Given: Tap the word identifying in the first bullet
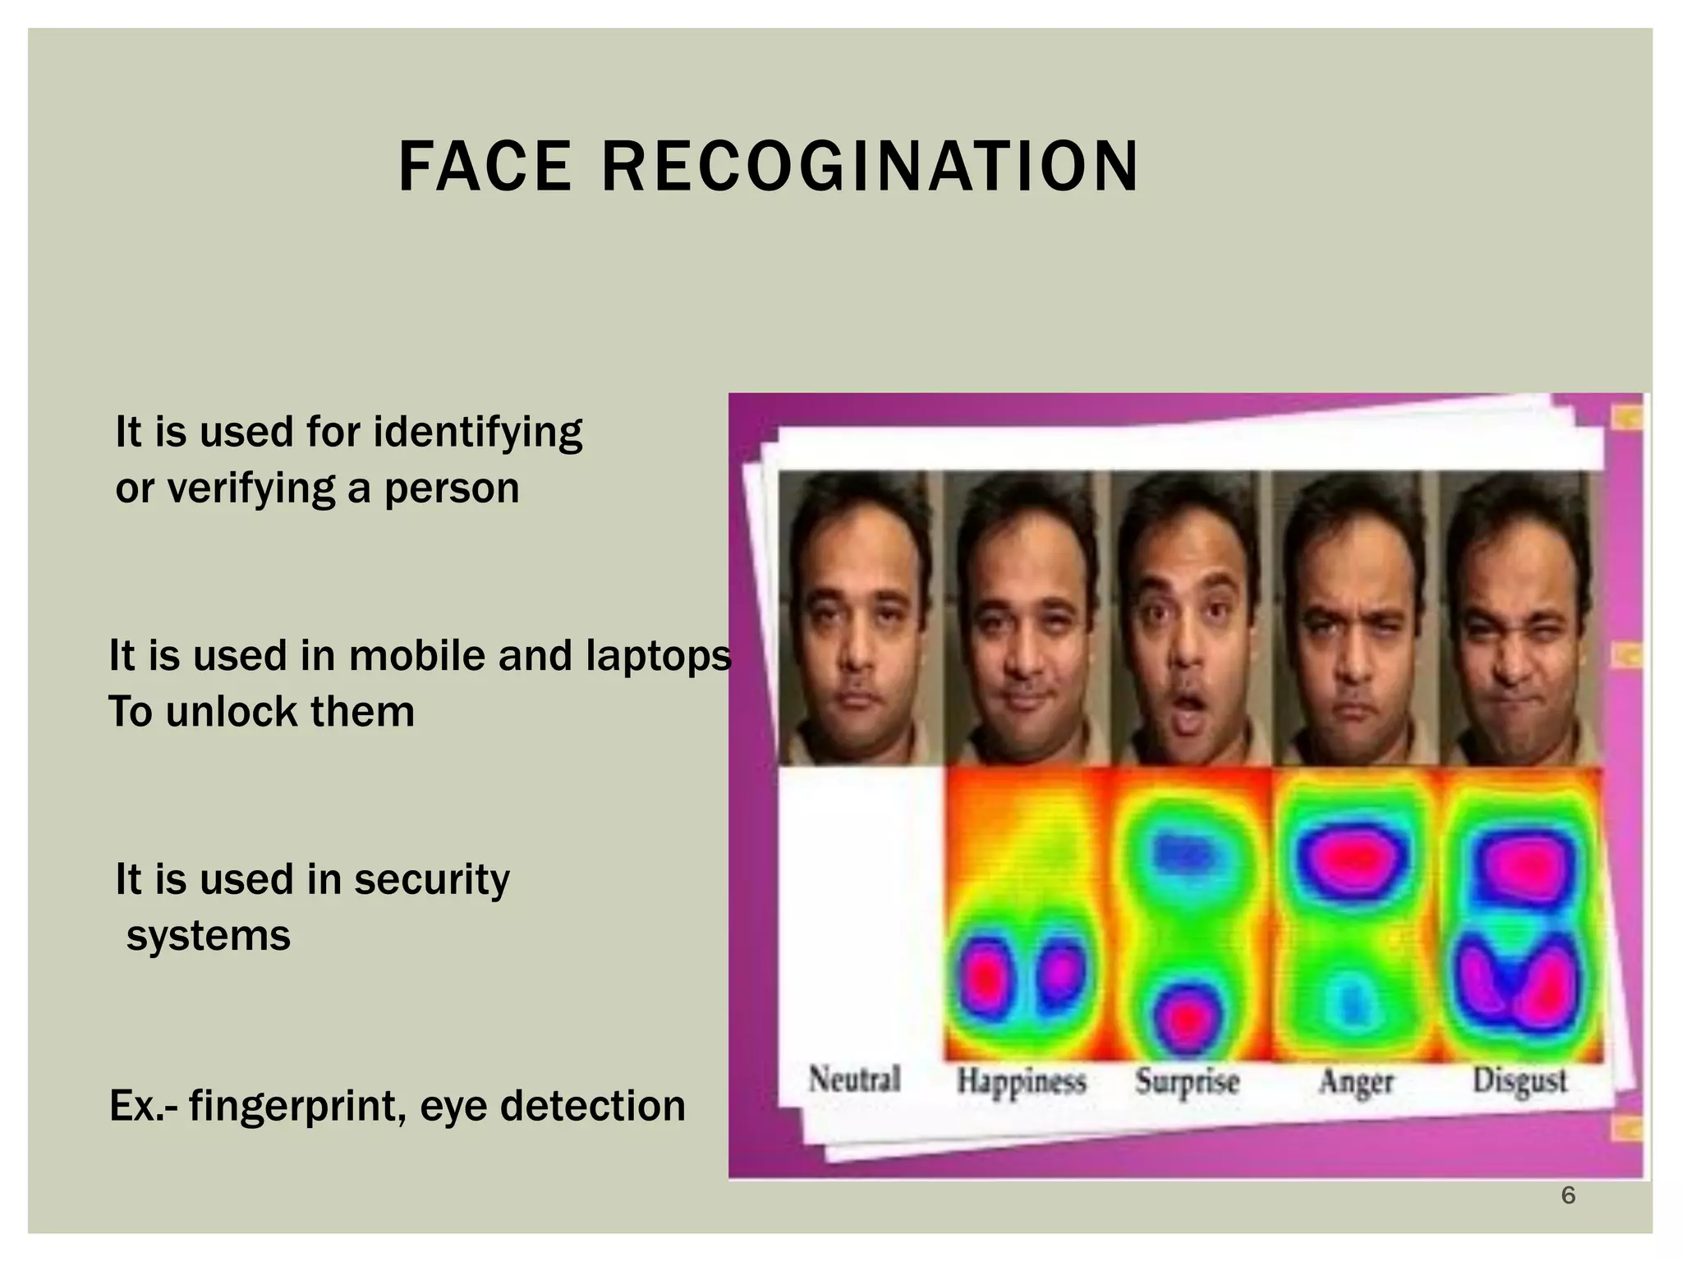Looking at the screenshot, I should (x=477, y=433).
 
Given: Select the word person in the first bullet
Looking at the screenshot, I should (x=452, y=488).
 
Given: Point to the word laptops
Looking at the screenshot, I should (x=658, y=656).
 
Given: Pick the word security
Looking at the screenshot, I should (x=431, y=880).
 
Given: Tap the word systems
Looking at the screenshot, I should (x=209, y=936).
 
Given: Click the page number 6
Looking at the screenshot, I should (x=1568, y=1196).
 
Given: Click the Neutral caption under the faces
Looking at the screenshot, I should (x=854, y=1079).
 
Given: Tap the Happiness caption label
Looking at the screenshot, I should (x=1021, y=1081).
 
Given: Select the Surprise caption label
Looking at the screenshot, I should (x=1187, y=1081).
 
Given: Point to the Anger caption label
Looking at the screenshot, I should (x=1356, y=1081).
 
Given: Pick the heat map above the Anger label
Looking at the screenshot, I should (x=1355, y=911).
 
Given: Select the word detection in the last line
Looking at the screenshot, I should (x=592, y=1106).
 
